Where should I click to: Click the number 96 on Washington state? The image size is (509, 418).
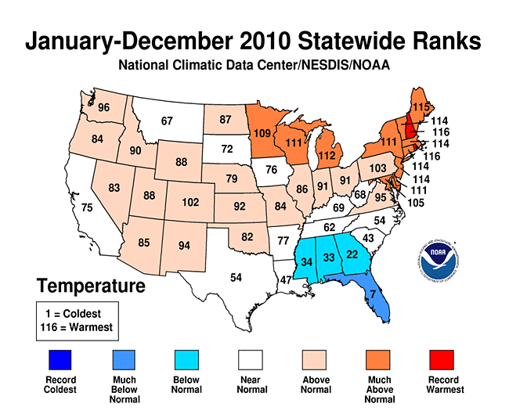(103, 107)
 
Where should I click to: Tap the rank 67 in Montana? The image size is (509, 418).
(166, 121)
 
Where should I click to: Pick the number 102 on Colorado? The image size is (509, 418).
(190, 202)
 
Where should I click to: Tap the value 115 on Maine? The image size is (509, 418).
(421, 106)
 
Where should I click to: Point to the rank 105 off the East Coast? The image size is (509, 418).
(416, 203)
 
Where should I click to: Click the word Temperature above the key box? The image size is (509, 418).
(90, 286)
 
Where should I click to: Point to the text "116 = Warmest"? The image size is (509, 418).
(76, 326)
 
